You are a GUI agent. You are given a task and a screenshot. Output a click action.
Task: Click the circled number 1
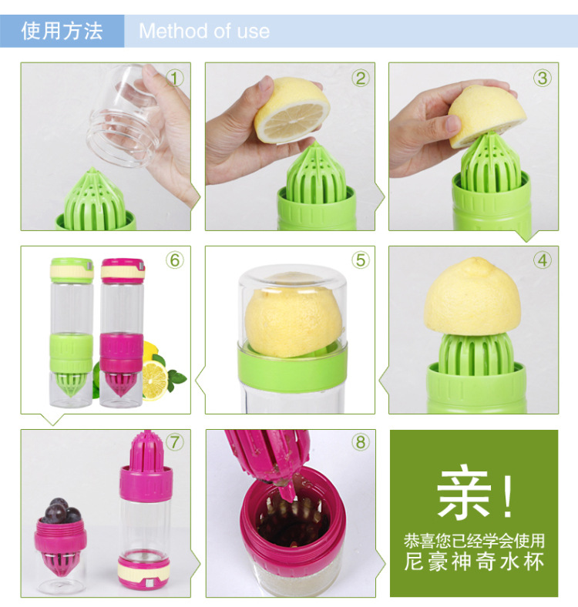(175, 79)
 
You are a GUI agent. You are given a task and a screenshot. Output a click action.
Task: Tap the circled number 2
(360, 79)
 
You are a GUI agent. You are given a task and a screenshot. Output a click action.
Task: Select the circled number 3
(543, 79)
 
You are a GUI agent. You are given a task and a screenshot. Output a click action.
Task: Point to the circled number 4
(543, 260)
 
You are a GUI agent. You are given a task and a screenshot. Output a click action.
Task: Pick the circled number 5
(360, 260)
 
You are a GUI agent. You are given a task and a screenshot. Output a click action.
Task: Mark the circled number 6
(175, 260)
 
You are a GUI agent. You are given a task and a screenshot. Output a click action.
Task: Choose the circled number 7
(175, 442)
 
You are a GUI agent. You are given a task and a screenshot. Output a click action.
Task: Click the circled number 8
(360, 442)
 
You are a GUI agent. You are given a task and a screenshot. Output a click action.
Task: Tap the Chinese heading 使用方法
(62, 31)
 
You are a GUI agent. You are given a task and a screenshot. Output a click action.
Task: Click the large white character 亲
(464, 495)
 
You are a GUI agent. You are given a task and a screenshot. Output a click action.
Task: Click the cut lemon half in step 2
(292, 110)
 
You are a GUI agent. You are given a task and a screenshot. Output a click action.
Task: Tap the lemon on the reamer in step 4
(472, 297)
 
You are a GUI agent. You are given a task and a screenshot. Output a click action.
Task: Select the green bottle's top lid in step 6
(72, 270)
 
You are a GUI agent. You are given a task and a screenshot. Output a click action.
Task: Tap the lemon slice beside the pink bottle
(155, 381)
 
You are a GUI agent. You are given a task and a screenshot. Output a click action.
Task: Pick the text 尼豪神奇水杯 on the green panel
(474, 562)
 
